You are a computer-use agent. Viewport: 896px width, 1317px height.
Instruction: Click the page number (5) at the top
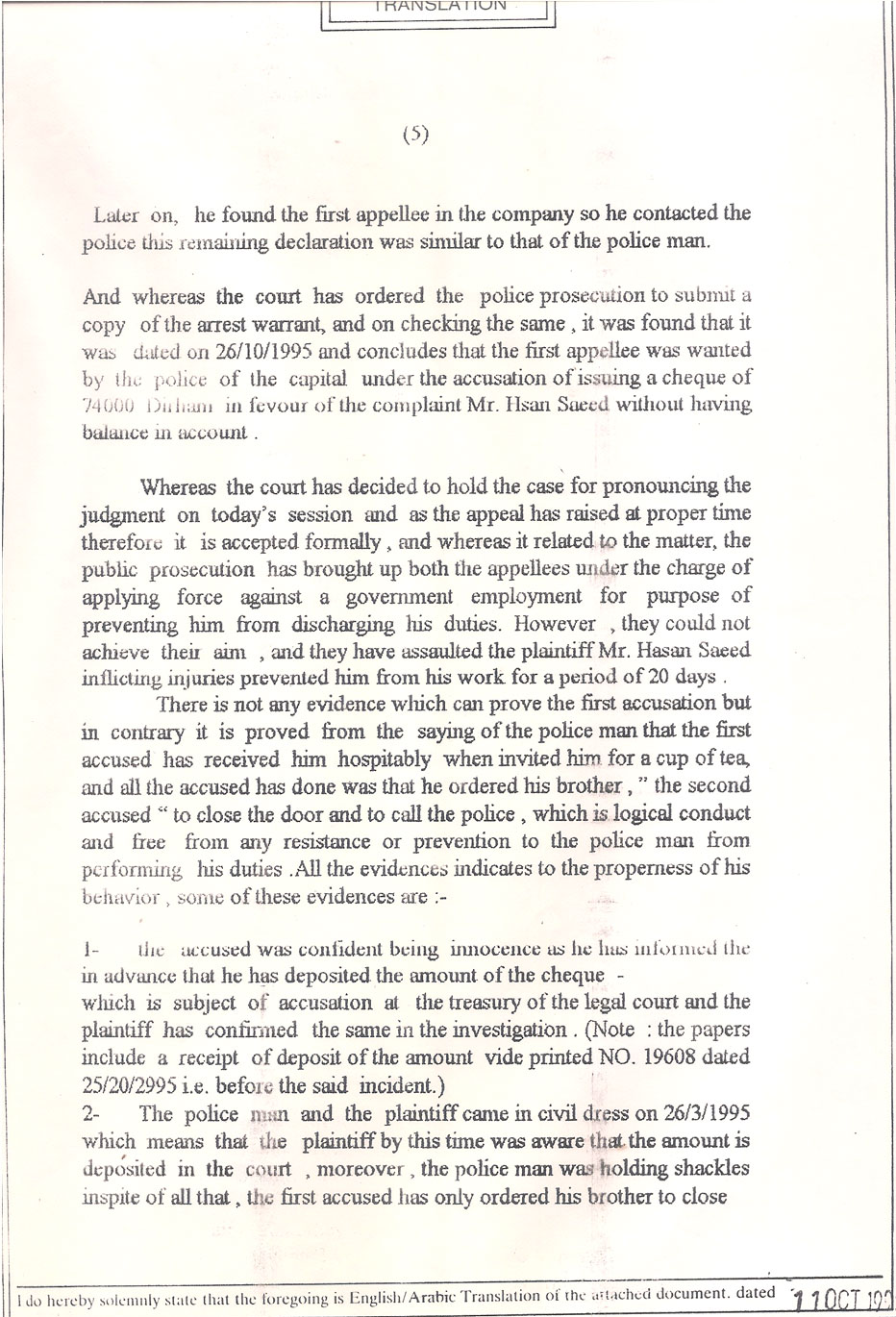tap(414, 135)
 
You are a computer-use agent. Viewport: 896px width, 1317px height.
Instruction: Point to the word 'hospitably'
tap(386, 758)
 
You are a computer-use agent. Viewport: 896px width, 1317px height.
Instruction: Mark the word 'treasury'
tap(487, 1003)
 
